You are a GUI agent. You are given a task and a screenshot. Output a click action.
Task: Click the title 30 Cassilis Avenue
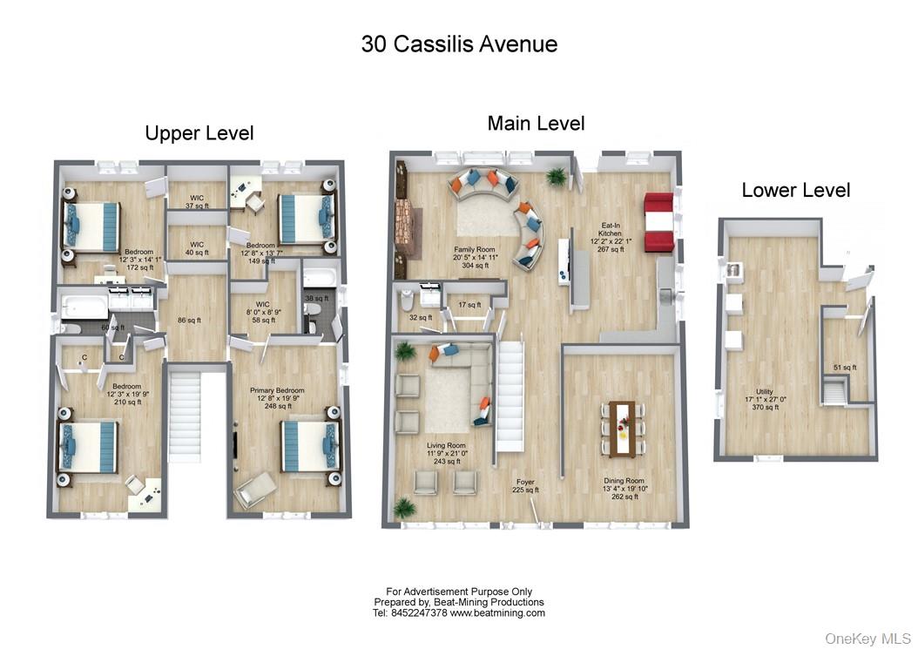[x=459, y=44]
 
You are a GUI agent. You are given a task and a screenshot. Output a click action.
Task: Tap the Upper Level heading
[x=199, y=133]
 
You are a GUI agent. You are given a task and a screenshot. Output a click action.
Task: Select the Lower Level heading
[x=795, y=190]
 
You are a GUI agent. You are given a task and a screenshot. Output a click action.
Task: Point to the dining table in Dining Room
[x=622, y=428]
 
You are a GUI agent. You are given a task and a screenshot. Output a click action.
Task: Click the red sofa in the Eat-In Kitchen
[x=658, y=222]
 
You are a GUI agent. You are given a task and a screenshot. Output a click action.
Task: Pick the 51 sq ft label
[x=840, y=368]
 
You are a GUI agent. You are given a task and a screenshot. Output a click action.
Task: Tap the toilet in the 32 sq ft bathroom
[x=407, y=301]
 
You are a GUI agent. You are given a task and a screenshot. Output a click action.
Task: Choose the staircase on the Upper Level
[x=184, y=415]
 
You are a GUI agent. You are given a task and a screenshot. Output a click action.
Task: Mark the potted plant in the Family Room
[x=555, y=177]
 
